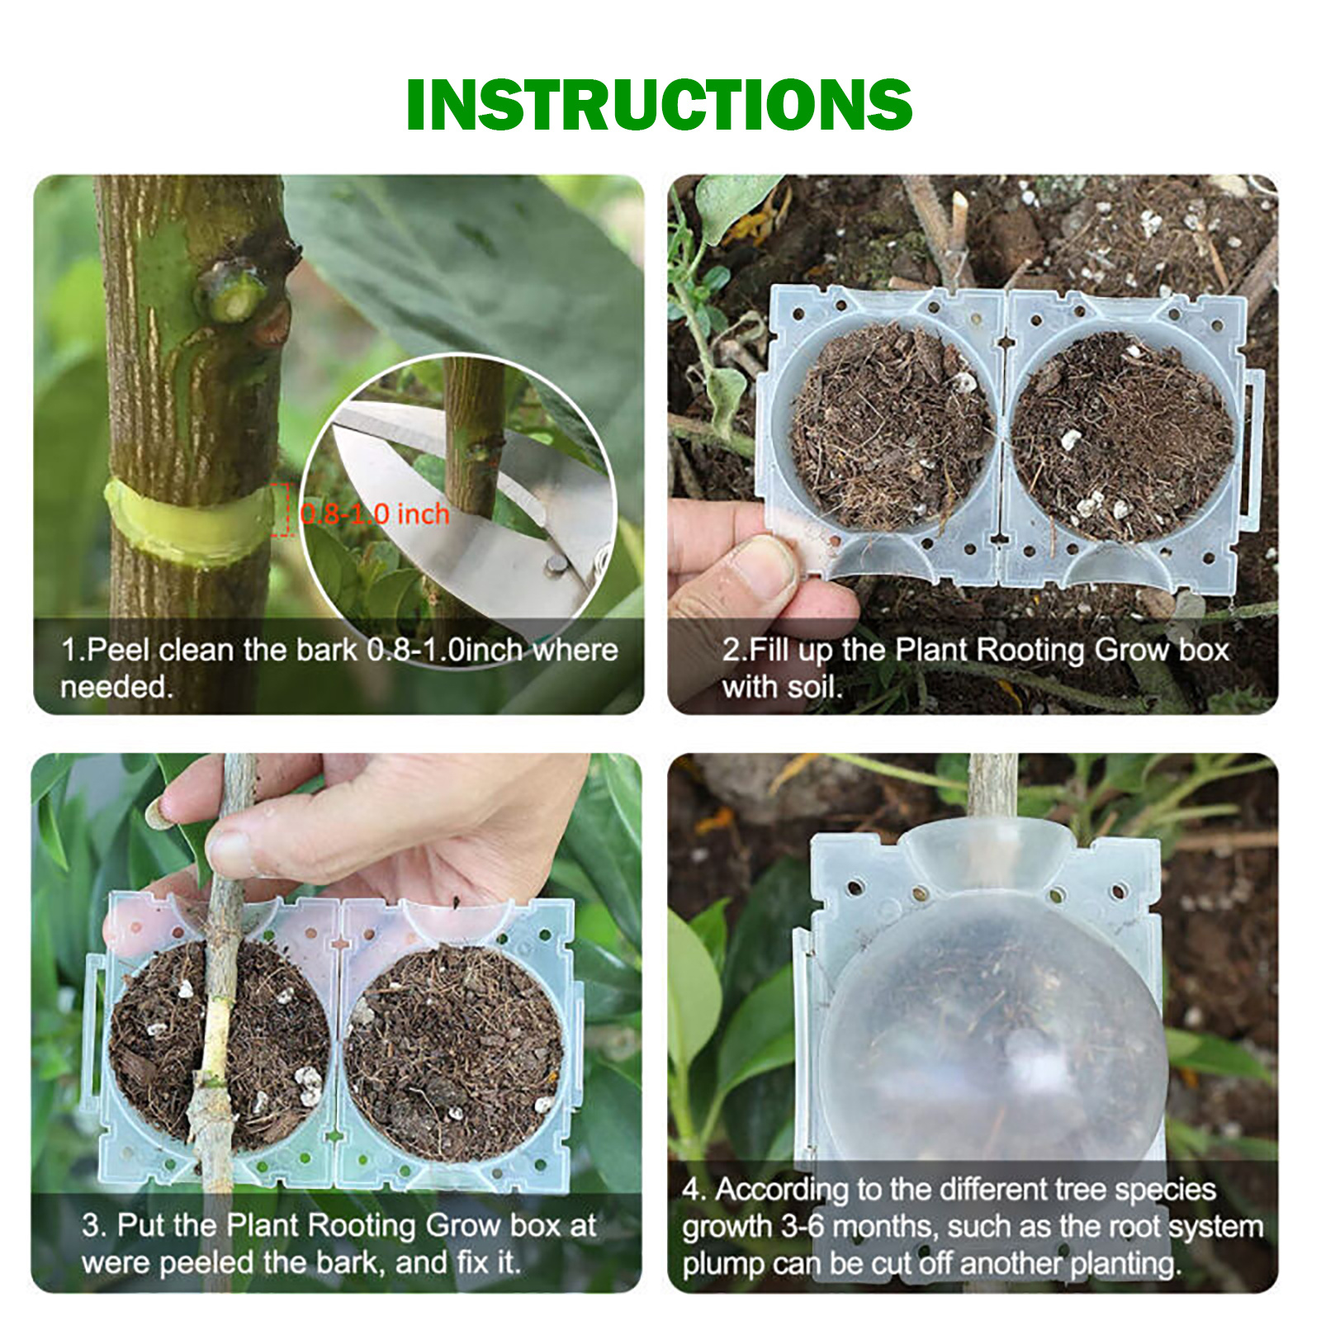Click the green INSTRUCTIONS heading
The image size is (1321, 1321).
tap(659, 105)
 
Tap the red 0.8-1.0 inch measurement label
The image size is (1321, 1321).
tap(375, 514)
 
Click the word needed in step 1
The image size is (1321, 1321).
tap(116, 687)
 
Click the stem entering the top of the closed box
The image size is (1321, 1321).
tap(992, 788)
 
